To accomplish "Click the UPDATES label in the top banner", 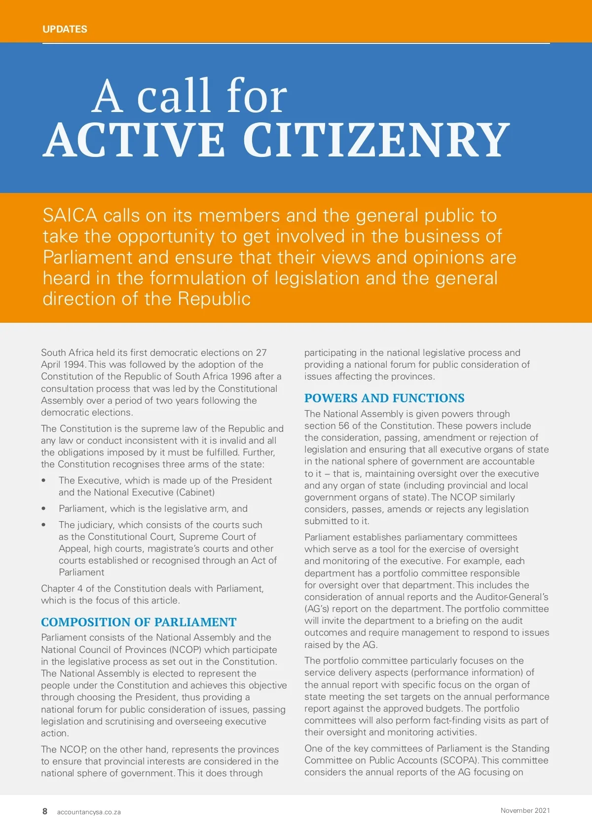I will tap(65, 29).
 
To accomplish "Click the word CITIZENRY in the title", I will tap(376, 140).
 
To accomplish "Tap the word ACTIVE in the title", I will tap(134, 140).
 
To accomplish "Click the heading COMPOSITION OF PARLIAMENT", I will tap(139, 622).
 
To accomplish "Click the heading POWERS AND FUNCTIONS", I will tap(384, 398).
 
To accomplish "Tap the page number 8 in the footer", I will tap(45, 811).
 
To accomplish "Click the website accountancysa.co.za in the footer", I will tap(89, 812).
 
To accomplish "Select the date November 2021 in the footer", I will tap(525, 810).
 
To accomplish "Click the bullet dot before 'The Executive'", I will tap(44, 480).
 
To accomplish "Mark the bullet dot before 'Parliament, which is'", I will tap(44, 508).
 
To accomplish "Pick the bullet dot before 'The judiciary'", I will tap(44, 525).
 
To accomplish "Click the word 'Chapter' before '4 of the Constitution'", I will tap(58, 589).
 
